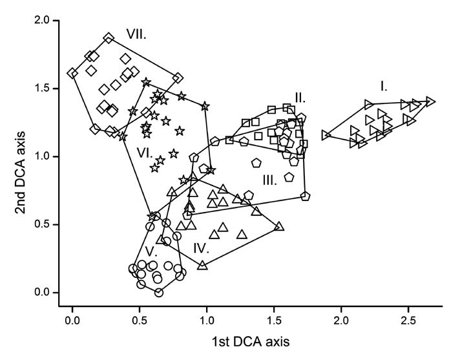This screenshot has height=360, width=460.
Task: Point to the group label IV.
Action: (x=200, y=247)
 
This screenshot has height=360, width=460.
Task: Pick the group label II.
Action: (x=300, y=98)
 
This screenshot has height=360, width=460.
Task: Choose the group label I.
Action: (x=383, y=85)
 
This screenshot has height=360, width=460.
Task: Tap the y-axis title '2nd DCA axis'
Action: (x=21, y=156)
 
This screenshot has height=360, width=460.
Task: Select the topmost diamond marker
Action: (x=109, y=38)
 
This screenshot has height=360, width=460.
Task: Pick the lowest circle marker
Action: (x=158, y=292)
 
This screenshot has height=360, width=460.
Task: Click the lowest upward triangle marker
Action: (x=202, y=265)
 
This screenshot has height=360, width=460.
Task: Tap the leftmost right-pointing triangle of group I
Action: (x=326, y=134)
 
